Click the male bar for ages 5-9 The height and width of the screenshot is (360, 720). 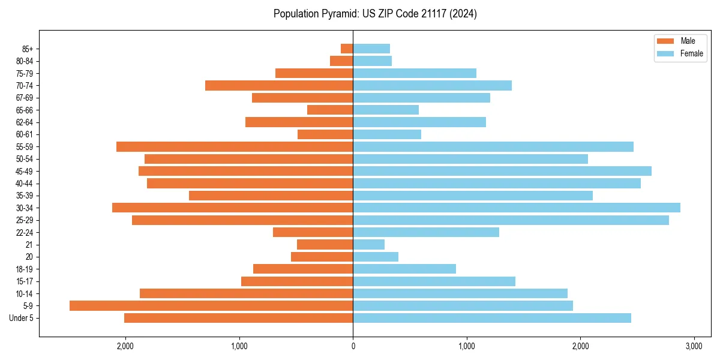[211, 305]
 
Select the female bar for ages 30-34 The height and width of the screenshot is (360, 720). [517, 208]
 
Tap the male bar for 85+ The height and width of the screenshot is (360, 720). [347, 49]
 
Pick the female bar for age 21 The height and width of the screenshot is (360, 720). [368, 244]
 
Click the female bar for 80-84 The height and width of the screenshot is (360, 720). [372, 61]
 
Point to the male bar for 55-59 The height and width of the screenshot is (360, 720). [235, 146]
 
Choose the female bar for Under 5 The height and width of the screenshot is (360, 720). [492, 318]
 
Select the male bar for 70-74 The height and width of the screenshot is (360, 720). [279, 85]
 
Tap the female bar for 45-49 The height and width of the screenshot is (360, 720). [502, 171]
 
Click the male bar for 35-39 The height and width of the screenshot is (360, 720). [271, 196]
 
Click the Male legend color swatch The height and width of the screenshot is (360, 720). [665, 41]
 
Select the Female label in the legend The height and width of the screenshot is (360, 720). [692, 53]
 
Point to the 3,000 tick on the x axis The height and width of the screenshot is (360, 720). [694, 346]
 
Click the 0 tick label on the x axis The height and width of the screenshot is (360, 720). [353, 346]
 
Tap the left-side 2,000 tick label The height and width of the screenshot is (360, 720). [125, 346]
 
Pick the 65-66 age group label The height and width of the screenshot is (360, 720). [25, 110]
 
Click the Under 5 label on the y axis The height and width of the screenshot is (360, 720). [22, 318]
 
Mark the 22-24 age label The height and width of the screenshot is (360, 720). [25, 232]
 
